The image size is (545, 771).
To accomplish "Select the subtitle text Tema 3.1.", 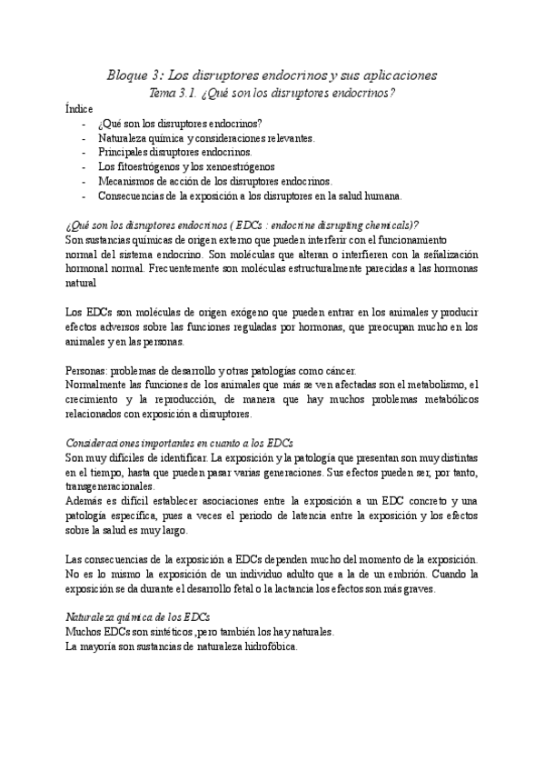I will [176, 93].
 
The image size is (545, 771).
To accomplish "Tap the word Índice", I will [79, 108].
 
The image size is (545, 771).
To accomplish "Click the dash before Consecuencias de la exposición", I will [85, 195].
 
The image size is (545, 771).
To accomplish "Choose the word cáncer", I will [337, 371].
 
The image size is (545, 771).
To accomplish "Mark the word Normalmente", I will [100, 385].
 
